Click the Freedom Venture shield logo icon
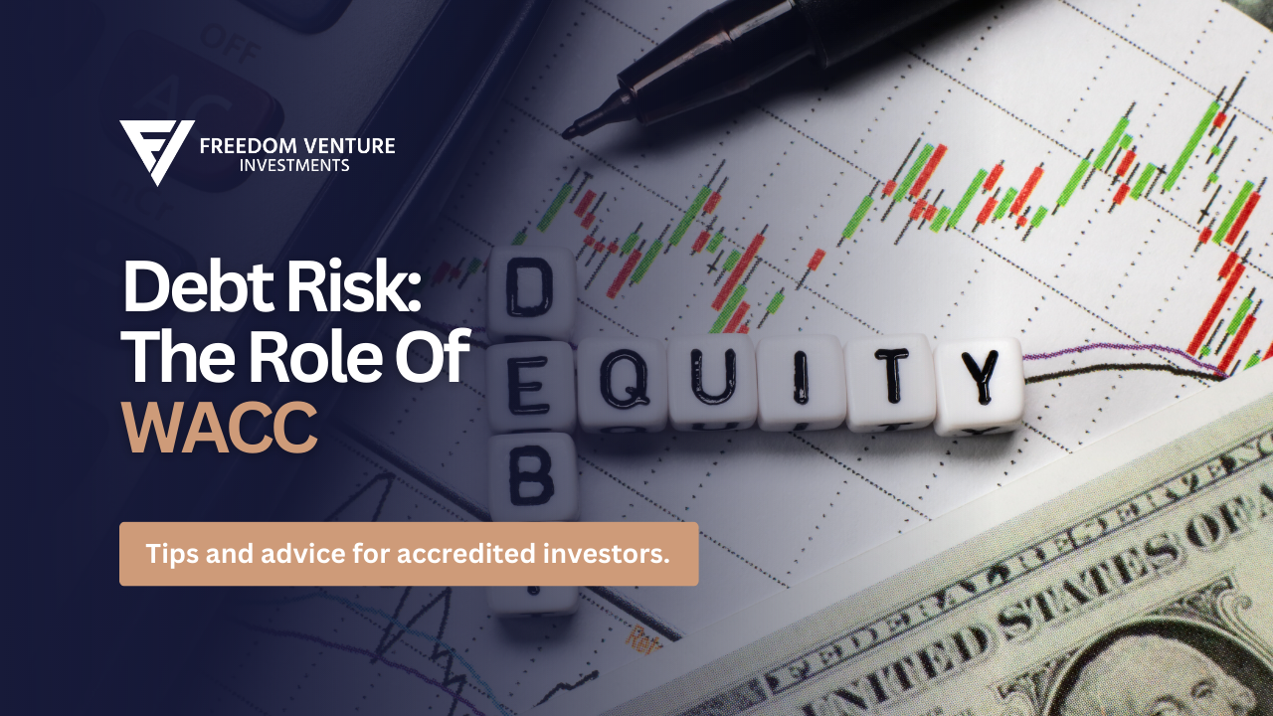156,151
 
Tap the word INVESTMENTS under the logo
294,166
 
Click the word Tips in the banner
171,554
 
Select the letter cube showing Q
623,382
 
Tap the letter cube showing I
802,380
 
